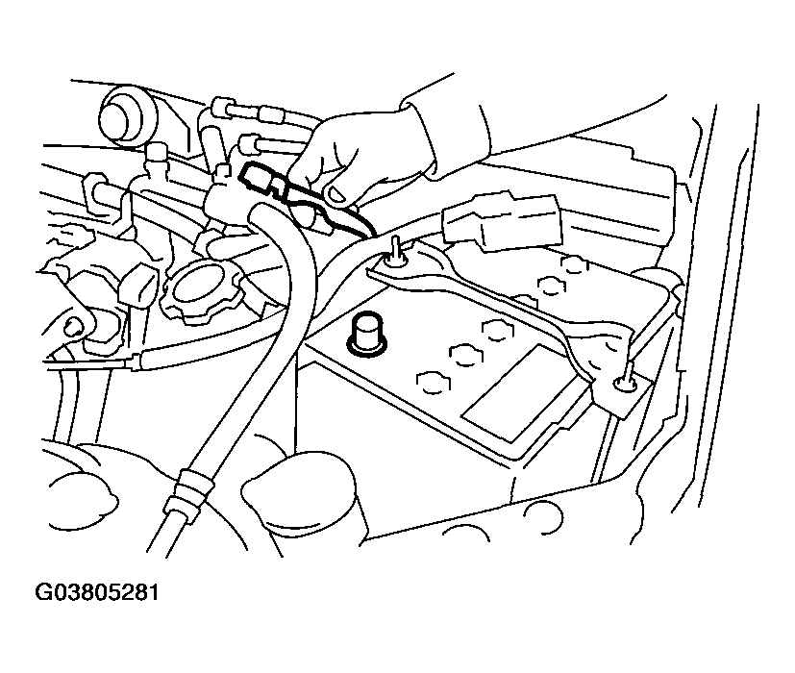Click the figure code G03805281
96,593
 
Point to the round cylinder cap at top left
126,117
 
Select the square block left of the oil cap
137,287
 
